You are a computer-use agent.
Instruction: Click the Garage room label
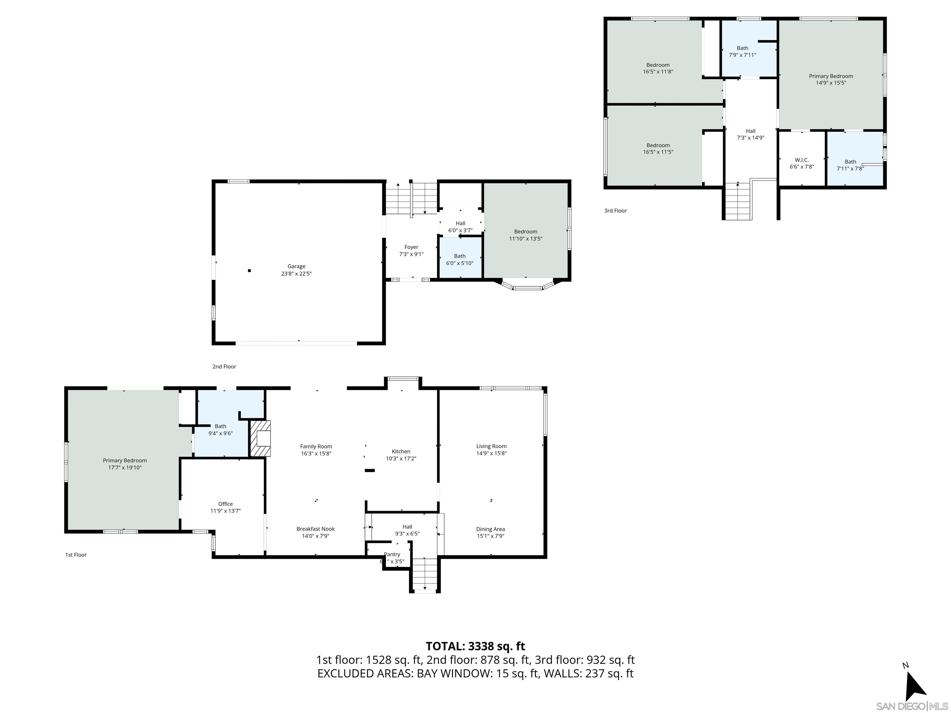point(296,266)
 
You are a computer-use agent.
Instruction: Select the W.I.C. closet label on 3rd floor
point(802,160)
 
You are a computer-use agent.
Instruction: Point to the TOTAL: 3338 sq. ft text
point(475,646)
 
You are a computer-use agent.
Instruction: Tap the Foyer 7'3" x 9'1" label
point(411,251)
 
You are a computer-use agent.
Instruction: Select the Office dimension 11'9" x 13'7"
point(225,511)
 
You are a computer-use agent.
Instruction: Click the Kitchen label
point(401,451)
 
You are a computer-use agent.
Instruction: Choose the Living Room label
point(491,446)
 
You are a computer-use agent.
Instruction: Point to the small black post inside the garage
point(249,271)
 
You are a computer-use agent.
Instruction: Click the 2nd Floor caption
point(224,367)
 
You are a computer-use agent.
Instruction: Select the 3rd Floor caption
point(615,211)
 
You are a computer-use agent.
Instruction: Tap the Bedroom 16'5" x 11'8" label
point(658,68)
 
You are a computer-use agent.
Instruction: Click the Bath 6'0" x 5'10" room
point(460,259)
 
